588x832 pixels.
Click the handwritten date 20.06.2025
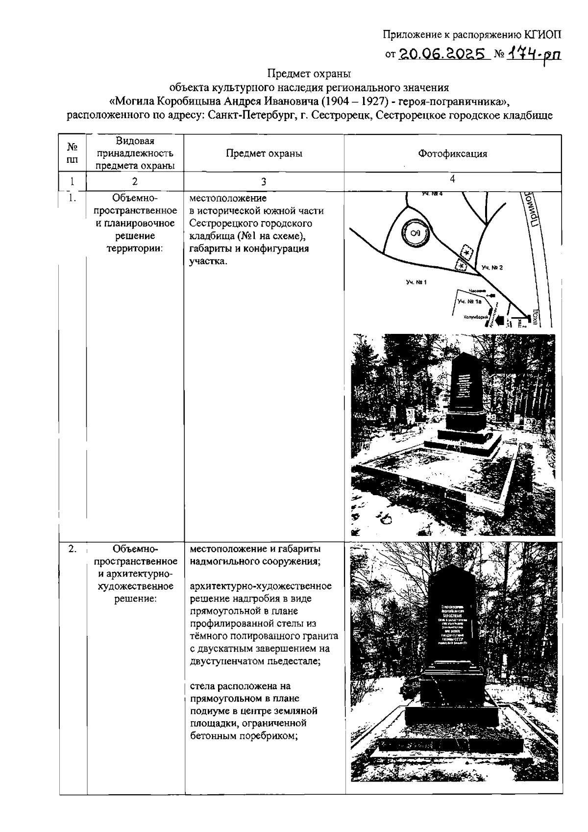point(442,53)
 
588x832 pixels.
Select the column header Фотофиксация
point(452,153)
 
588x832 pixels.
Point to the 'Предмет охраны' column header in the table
point(264,153)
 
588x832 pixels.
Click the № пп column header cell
point(73,153)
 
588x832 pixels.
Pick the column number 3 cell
point(264,182)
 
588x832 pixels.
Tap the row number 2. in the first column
point(73,549)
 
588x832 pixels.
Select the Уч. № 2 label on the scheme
point(492,268)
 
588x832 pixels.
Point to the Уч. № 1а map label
point(469,302)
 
